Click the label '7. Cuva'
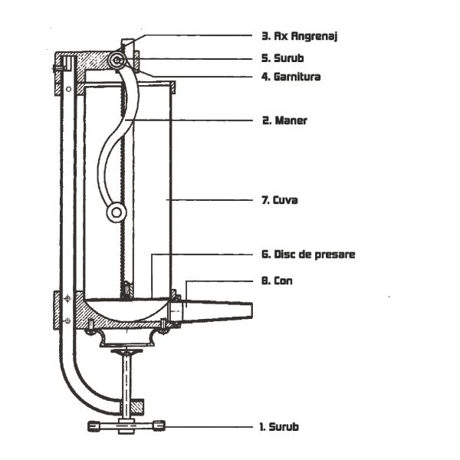279,201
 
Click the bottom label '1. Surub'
281,426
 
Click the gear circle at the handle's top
117,59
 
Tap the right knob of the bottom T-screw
159,426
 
